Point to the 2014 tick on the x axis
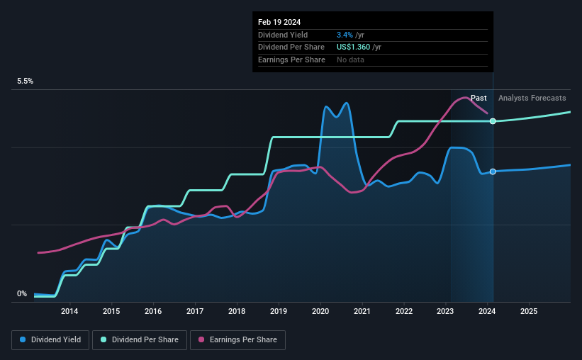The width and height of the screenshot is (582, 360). pyautogui.click(x=69, y=311)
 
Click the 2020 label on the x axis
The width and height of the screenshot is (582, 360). pyautogui.click(x=320, y=311)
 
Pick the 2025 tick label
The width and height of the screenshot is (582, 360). pyautogui.click(x=529, y=311)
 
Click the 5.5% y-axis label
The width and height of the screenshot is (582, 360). pyautogui.click(x=26, y=81)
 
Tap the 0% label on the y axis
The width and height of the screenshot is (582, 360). pyautogui.click(x=22, y=294)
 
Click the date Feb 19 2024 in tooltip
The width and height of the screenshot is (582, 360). pyautogui.click(x=279, y=22)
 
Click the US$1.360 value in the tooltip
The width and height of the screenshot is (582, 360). pyautogui.click(x=353, y=47)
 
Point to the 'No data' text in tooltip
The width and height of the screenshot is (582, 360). pyautogui.click(x=352, y=60)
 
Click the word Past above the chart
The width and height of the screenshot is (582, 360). pyautogui.click(x=479, y=98)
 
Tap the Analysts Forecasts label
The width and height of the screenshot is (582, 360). pyautogui.click(x=532, y=98)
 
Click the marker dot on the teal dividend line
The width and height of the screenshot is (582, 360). pyautogui.click(x=493, y=121)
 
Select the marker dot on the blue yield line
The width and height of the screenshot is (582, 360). pyautogui.click(x=493, y=172)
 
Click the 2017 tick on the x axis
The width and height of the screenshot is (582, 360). pyautogui.click(x=195, y=311)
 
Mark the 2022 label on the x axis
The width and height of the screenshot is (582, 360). pyautogui.click(x=404, y=311)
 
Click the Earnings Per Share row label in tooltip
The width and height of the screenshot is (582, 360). pyautogui.click(x=291, y=60)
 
